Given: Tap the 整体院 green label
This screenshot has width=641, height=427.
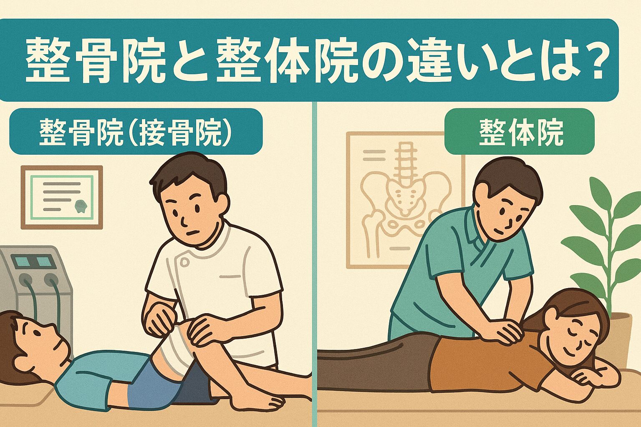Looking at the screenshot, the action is tap(520, 131).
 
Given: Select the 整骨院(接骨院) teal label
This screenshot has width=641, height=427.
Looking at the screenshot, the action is tap(136, 131).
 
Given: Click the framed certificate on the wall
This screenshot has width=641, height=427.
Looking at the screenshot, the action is tap(62, 197).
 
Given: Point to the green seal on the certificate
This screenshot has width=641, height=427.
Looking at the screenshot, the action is tap(81, 206).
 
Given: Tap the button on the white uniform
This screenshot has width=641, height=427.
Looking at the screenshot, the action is tap(185, 262).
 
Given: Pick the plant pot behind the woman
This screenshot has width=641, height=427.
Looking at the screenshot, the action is tap(620, 337).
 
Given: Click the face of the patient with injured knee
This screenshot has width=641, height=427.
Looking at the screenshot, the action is tap(43, 339).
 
